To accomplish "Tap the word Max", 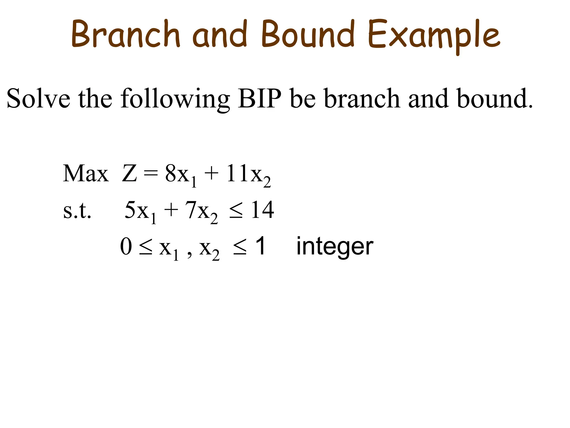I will (86, 173).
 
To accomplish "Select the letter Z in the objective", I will (129, 173).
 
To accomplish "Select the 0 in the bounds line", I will (126, 246).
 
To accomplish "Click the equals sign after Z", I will (151, 173).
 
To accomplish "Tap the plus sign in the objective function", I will (211, 173).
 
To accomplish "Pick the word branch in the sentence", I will (362, 99).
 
